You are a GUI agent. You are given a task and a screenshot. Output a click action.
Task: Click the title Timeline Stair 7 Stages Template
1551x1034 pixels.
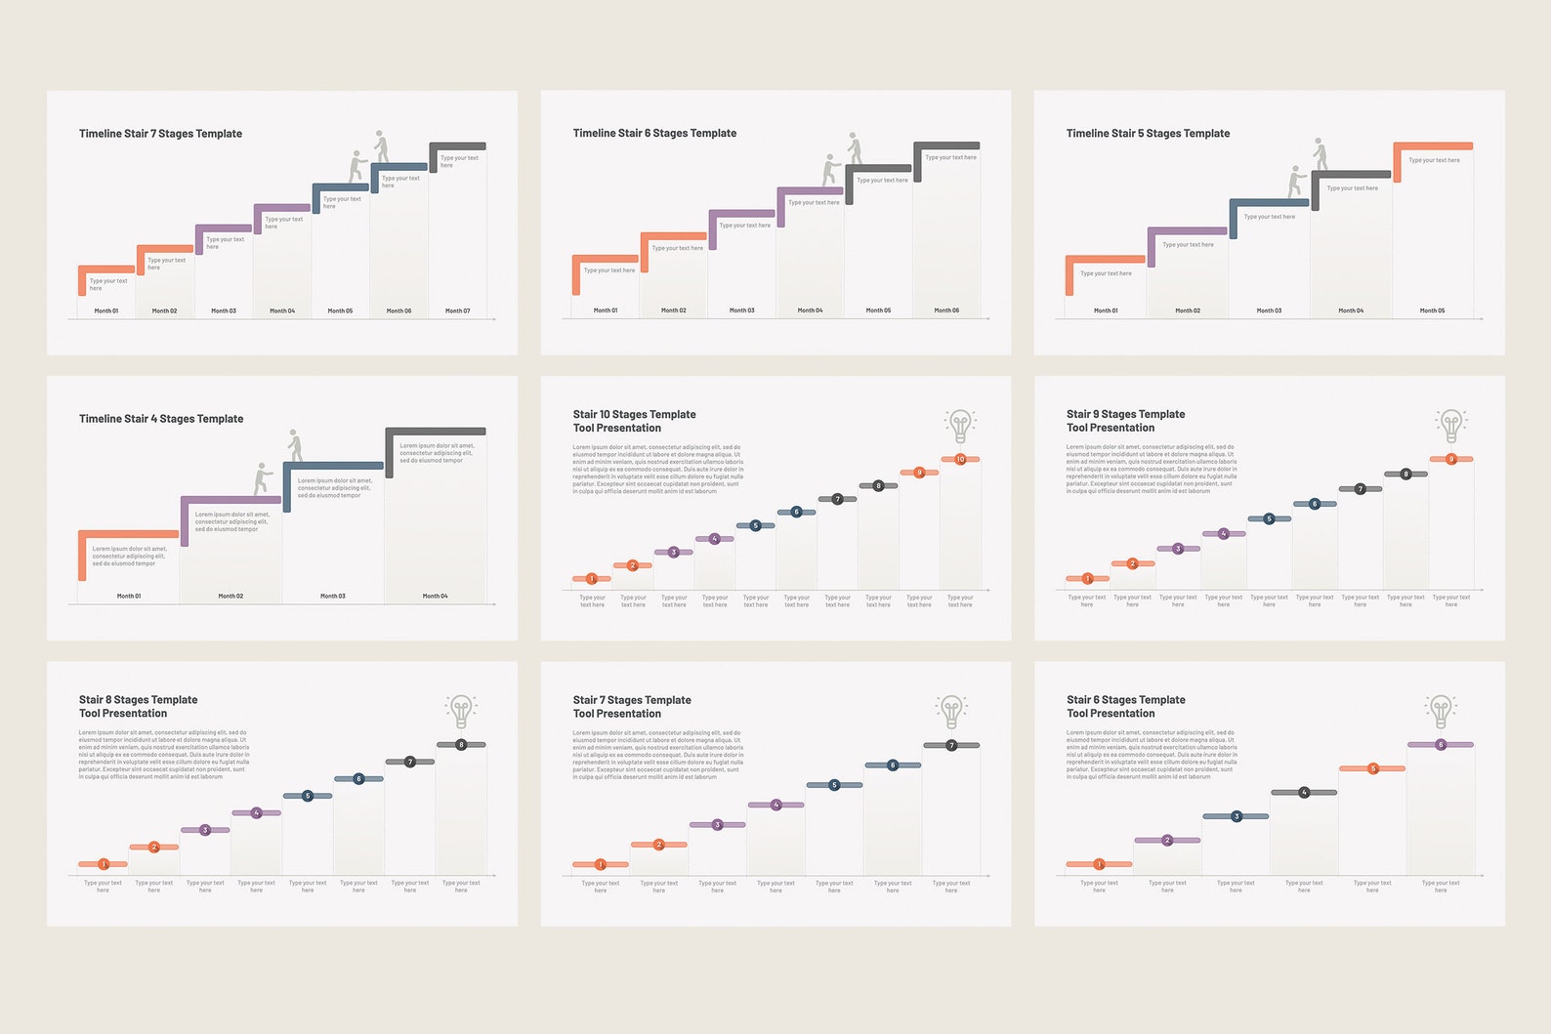click(x=160, y=134)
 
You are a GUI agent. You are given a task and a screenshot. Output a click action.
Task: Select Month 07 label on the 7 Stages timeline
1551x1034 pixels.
click(x=457, y=310)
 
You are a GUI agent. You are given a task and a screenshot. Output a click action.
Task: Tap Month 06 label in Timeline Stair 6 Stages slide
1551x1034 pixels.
click(x=945, y=310)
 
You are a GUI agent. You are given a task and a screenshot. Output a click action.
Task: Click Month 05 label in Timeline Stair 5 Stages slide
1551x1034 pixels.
click(x=1432, y=310)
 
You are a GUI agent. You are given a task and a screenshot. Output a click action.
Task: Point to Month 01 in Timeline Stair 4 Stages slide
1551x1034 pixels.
click(x=129, y=596)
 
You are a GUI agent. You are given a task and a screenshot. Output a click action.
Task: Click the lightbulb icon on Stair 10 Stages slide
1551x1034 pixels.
click(x=960, y=426)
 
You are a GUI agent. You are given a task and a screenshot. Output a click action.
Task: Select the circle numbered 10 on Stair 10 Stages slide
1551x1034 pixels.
click(x=960, y=459)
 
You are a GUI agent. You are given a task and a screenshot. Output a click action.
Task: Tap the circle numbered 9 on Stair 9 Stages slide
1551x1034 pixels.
click(x=1451, y=459)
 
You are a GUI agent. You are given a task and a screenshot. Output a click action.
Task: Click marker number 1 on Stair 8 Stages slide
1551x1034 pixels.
click(x=104, y=864)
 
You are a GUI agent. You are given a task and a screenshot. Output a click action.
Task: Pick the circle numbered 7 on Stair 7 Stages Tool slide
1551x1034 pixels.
click(x=951, y=745)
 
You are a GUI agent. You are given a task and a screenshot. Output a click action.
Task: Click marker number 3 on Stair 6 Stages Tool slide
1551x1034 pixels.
click(x=1236, y=816)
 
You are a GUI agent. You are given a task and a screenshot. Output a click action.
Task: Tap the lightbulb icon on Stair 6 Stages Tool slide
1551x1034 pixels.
click(x=1441, y=711)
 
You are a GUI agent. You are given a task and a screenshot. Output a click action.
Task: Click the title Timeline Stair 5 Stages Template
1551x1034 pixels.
click(x=1148, y=134)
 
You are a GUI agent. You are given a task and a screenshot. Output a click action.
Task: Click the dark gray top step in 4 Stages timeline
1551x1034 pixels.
click(x=436, y=432)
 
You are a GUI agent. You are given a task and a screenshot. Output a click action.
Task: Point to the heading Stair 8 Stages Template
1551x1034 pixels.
click(x=138, y=700)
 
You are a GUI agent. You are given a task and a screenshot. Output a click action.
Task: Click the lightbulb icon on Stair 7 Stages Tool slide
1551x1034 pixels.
click(x=951, y=711)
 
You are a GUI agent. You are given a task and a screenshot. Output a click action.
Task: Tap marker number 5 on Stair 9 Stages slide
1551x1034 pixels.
click(x=1269, y=518)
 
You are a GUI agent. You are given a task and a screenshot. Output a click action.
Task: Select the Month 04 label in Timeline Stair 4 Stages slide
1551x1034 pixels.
click(x=435, y=596)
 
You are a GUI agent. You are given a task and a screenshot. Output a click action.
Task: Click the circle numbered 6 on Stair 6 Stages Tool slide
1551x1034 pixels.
click(x=1441, y=745)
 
